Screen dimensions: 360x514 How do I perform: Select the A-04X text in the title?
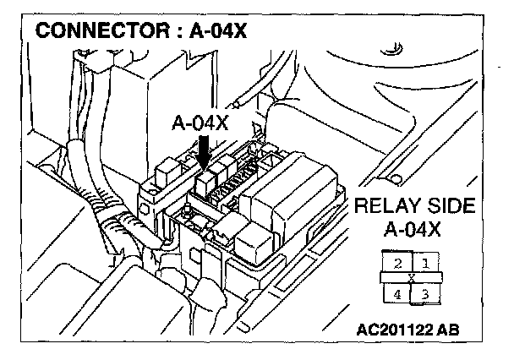(x=218, y=35)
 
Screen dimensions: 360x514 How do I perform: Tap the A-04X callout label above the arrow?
(x=200, y=123)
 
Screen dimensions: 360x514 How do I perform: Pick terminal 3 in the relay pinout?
(x=425, y=293)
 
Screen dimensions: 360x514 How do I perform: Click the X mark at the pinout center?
(x=412, y=277)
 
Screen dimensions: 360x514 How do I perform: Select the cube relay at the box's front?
(x=252, y=235)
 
